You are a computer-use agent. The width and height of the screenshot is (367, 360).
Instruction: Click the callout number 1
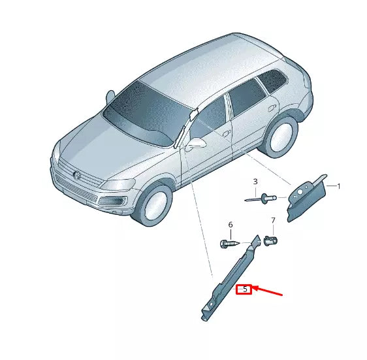click(x=339, y=186)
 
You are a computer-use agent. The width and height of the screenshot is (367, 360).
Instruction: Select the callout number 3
click(x=255, y=181)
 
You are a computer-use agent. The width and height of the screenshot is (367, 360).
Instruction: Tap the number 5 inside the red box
click(x=244, y=288)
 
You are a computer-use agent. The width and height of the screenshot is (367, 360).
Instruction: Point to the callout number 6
click(x=230, y=225)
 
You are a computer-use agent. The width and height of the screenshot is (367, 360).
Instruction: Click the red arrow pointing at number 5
click(x=268, y=290)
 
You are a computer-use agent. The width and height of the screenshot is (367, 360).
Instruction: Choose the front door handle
click(x=226, y=133)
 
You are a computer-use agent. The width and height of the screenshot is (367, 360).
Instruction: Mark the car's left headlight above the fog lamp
click(x=118, y=185)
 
